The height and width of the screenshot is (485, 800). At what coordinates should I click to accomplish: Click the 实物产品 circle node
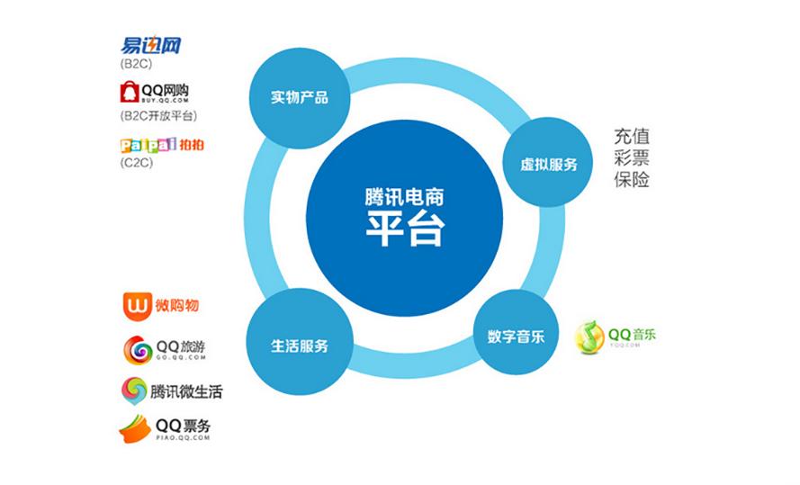299,97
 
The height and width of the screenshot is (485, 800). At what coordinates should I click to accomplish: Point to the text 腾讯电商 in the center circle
403,194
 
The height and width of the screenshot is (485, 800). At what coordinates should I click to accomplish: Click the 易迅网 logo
150,46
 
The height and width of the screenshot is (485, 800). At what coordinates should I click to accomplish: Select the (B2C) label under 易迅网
135,65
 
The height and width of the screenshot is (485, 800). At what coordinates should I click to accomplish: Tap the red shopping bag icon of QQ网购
130,93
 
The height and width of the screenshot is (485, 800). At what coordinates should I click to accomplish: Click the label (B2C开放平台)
157,116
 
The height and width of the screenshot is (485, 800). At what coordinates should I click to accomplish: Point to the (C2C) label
135,163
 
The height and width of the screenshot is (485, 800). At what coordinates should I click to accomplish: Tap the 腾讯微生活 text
186,391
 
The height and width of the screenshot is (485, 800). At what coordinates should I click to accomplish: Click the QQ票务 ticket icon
135,428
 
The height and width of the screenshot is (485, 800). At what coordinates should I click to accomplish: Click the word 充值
632,138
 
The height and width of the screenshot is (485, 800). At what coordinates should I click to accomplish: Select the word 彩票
632,158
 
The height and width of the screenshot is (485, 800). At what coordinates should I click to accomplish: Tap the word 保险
632,179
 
